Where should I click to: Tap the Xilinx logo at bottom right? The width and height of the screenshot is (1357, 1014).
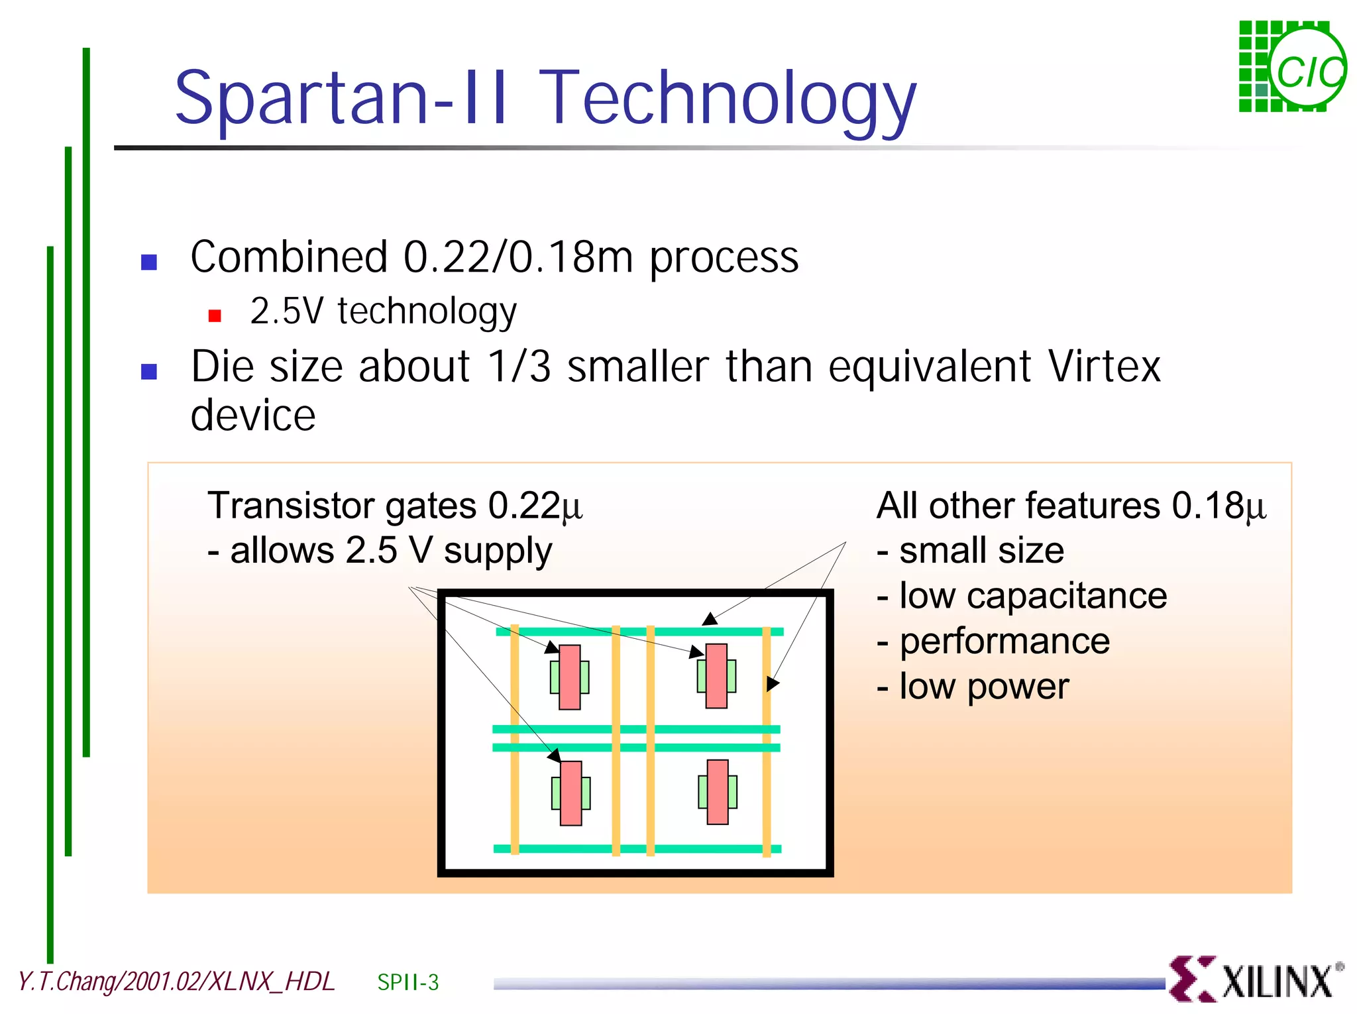[1256, 978]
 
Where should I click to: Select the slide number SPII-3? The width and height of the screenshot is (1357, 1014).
[407, 982]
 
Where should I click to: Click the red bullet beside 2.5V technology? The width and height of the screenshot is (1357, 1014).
[215, 315]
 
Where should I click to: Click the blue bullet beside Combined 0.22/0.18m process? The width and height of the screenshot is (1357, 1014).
[149, 262]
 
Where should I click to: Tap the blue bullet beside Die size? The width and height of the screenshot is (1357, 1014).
[149, 372]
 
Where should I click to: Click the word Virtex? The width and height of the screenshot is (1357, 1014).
[1104, 366]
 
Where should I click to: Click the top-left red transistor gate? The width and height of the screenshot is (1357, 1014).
[570, 677]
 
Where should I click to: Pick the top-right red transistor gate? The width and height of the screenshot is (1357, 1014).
[716, 676]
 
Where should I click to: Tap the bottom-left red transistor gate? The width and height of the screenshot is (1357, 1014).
[570, 793]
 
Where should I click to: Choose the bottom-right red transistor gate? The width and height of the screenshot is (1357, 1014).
[718, 792]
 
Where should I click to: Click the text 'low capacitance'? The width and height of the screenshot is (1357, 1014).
[1032, 596]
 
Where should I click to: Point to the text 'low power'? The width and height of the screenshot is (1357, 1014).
[983, 686]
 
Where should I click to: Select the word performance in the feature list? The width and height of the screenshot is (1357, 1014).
[1004, 641]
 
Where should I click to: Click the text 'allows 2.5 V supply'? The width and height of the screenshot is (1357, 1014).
[390, 551]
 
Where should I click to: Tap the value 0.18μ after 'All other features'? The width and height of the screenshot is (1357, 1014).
[1219, 506]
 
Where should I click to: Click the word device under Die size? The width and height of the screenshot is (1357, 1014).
[253, 416]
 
